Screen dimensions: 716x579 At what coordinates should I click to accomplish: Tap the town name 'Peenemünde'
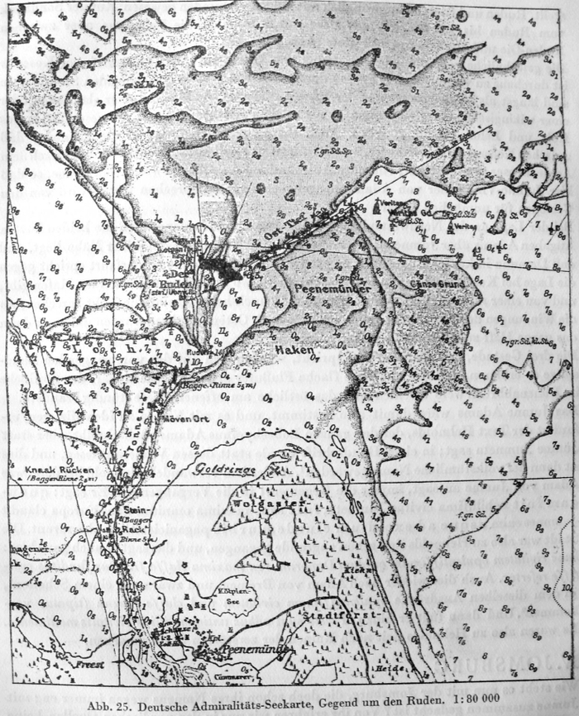252,651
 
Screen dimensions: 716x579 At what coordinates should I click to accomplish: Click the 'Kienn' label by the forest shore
362,570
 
